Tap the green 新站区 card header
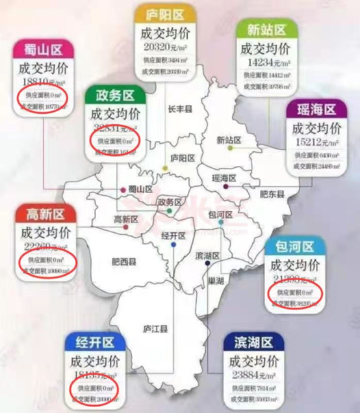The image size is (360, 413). pos(266,30)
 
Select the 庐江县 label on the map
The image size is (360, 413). pos(155,330)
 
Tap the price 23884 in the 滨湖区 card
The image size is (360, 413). pos(245,374)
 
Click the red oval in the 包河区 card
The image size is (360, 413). pos(296,293)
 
